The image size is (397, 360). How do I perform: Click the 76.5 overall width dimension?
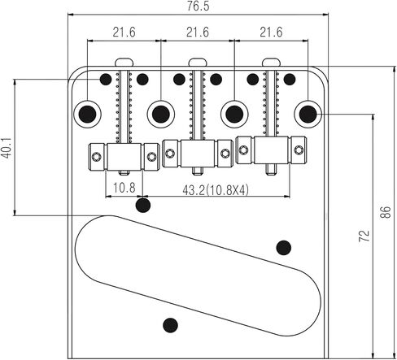198,6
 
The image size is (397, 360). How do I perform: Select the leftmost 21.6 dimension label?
124,33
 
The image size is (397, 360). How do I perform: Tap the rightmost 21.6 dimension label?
271,33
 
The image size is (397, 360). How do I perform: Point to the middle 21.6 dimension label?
198,33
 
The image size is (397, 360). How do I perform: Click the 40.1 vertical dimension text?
7,148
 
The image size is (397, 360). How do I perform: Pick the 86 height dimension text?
386,212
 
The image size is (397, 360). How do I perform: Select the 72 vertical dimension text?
364,236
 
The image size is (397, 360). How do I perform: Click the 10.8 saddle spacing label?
124,188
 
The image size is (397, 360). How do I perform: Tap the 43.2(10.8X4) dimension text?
216,190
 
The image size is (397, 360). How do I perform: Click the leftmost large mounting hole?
87,115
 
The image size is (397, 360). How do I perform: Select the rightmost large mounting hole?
308,114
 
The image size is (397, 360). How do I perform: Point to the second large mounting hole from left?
161,115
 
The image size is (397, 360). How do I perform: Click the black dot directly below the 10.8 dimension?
143,205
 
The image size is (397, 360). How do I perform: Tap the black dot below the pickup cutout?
170,325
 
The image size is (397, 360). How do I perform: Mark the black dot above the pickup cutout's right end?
284,248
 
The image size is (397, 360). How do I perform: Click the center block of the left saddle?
124,157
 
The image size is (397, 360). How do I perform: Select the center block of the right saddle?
272,150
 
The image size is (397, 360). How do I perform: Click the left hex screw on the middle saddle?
170,154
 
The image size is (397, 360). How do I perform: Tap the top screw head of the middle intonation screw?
198,62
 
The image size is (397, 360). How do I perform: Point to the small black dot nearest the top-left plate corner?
106,79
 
